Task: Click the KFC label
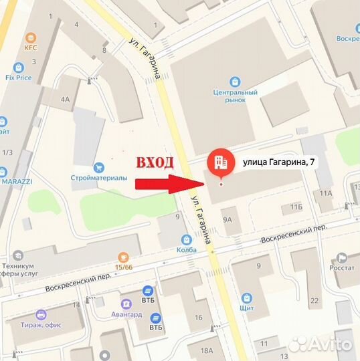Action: coord(29,47)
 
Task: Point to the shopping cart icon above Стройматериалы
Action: coord(100,166)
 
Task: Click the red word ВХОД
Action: coord(155,162)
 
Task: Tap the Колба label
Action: coord(187,249)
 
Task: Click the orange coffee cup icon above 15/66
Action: coord(122,257)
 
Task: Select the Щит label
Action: coord(247,308)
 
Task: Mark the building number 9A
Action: coord(228,219)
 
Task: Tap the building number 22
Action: coord(314,301)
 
